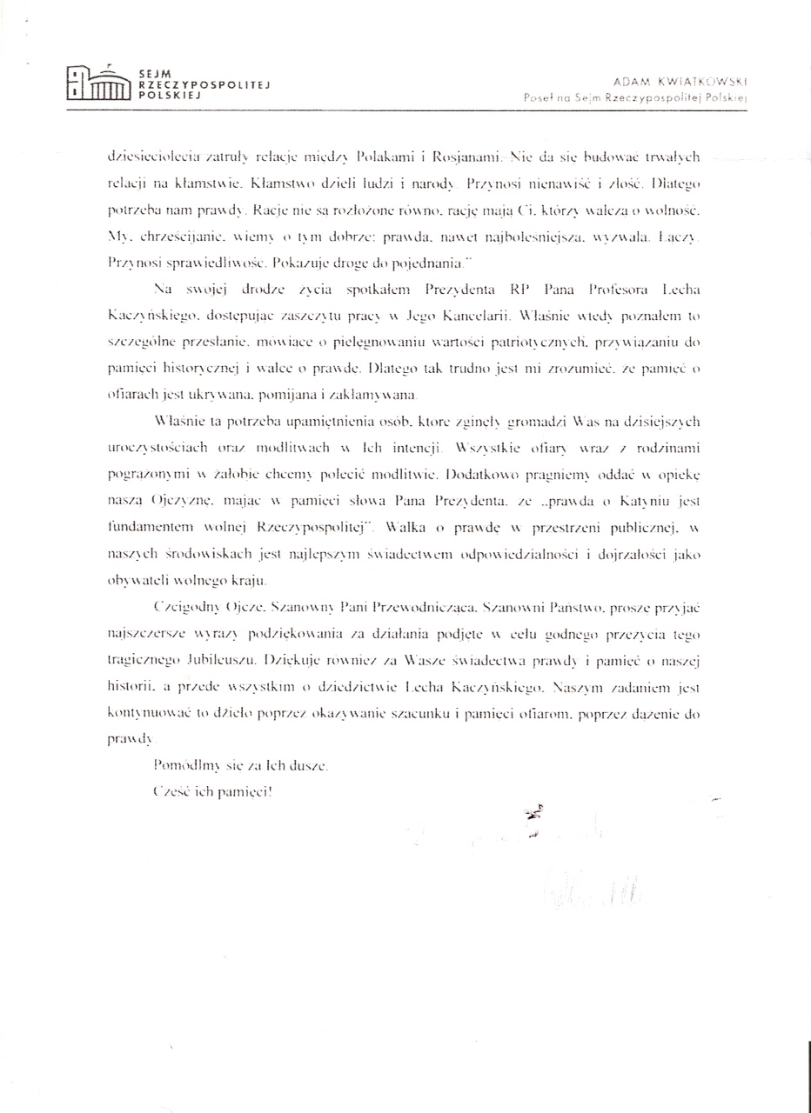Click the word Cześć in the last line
click(169, 792)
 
